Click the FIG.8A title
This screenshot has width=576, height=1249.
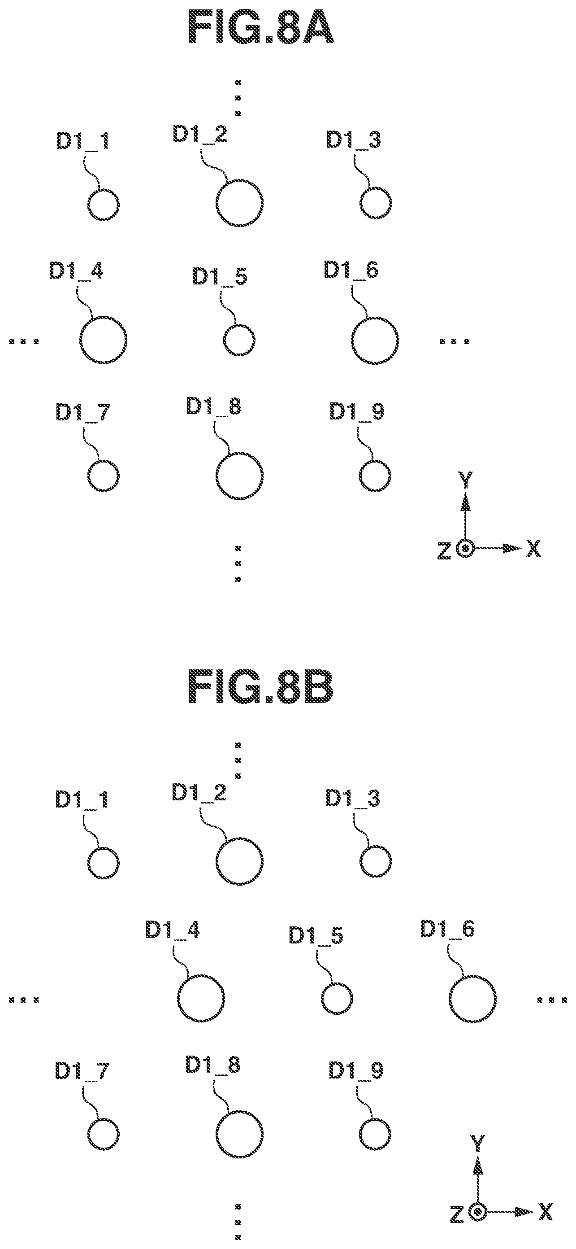point(260,28)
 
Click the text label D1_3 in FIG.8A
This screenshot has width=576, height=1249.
point(353,140)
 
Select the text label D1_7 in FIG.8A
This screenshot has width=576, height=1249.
point(83,413)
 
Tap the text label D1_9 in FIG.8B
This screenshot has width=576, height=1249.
point(356,1071)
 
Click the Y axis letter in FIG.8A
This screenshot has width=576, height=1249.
point(466,480)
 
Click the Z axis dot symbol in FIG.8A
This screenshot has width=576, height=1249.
point(465,548)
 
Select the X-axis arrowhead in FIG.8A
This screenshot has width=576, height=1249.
point(512,548)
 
